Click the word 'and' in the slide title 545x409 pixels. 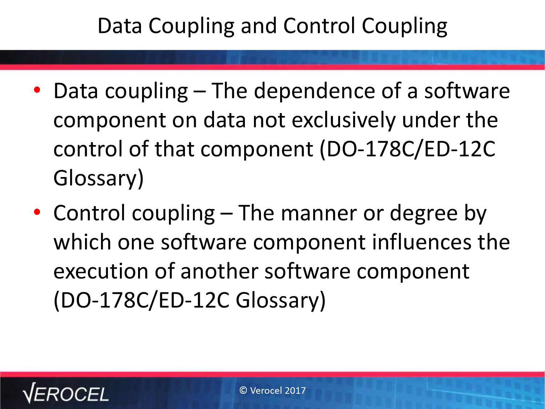pyautogui.click(x=258, y=26)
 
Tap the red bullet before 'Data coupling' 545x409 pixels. pyautogui.click(x=37, y=90)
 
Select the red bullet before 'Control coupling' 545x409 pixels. pyautogui.click(x=37, y=212)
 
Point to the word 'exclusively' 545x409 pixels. pyautogui.click(x=344, y=120)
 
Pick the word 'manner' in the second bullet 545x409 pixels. pyautogui.click(x=319, y=213)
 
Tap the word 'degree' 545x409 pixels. pyautogui.click(x=424, y=213)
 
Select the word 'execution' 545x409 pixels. pyautogui.click(x=101, y=271)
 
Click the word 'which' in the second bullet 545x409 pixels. pyautogui.click(x=82, y=242)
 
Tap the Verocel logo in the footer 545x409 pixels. pyautogui.click(x=65, y=393)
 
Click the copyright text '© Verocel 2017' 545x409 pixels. pyautogui.click(x=272, y=390)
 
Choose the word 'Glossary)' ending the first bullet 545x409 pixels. pyautogui.click(x=98, y=179)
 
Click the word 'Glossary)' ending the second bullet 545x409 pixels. pyautogui.click(x=280, y=301)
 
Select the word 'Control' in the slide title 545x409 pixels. pyautogui.click(x=319, y=26)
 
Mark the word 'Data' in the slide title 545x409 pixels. pyautogui.click(x=120, y=26)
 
